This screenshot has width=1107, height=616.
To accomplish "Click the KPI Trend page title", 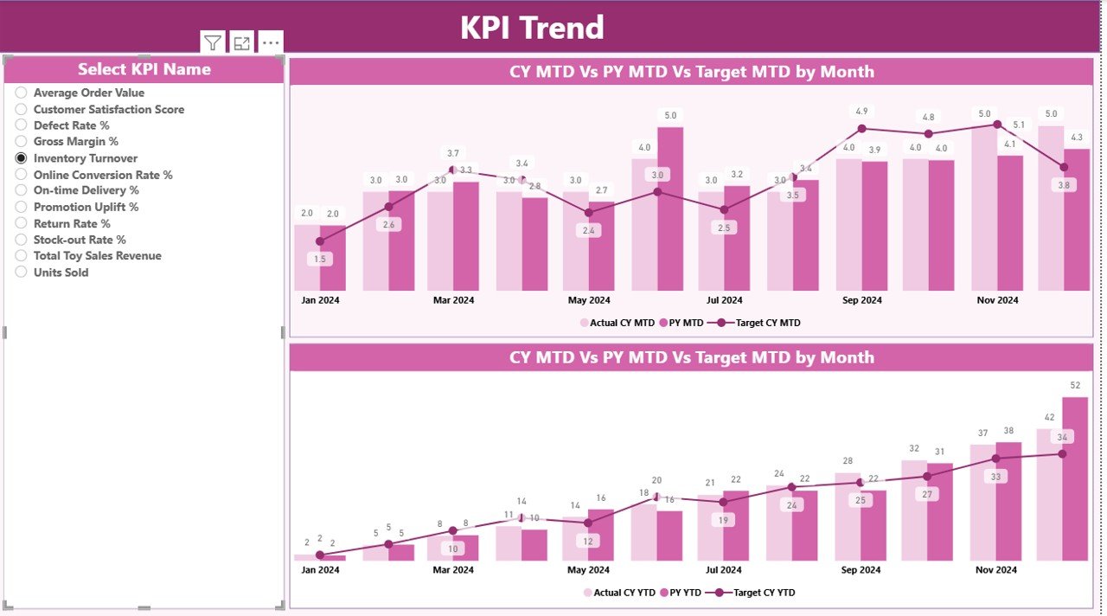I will [531, 28].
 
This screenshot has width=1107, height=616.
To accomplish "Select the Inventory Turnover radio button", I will [21, 158].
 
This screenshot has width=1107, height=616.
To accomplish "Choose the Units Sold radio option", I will [21, 273].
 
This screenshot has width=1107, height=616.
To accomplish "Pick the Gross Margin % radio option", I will [21, 142].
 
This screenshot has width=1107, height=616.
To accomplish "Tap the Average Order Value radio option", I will [21, 93].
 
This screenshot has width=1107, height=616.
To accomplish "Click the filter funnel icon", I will [213, 42].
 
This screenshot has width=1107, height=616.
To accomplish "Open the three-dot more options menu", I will [271, 42].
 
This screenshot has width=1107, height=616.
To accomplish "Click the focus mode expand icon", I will [242, 42].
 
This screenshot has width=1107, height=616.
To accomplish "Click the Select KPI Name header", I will [144, 69].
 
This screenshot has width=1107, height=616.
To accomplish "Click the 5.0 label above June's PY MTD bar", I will [670, 115].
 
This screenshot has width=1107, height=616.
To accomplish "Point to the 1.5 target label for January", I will [320, 259].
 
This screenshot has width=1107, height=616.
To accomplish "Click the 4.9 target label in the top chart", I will [861, 112].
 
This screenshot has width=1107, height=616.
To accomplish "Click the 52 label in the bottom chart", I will [1075, 385].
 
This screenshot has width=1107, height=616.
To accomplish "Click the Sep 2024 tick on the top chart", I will [861, 300].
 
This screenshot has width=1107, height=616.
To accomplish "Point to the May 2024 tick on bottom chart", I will [589, 570].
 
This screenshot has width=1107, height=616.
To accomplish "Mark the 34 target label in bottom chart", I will [1063, 437].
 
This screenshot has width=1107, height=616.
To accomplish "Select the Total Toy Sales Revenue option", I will [97, 256].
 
